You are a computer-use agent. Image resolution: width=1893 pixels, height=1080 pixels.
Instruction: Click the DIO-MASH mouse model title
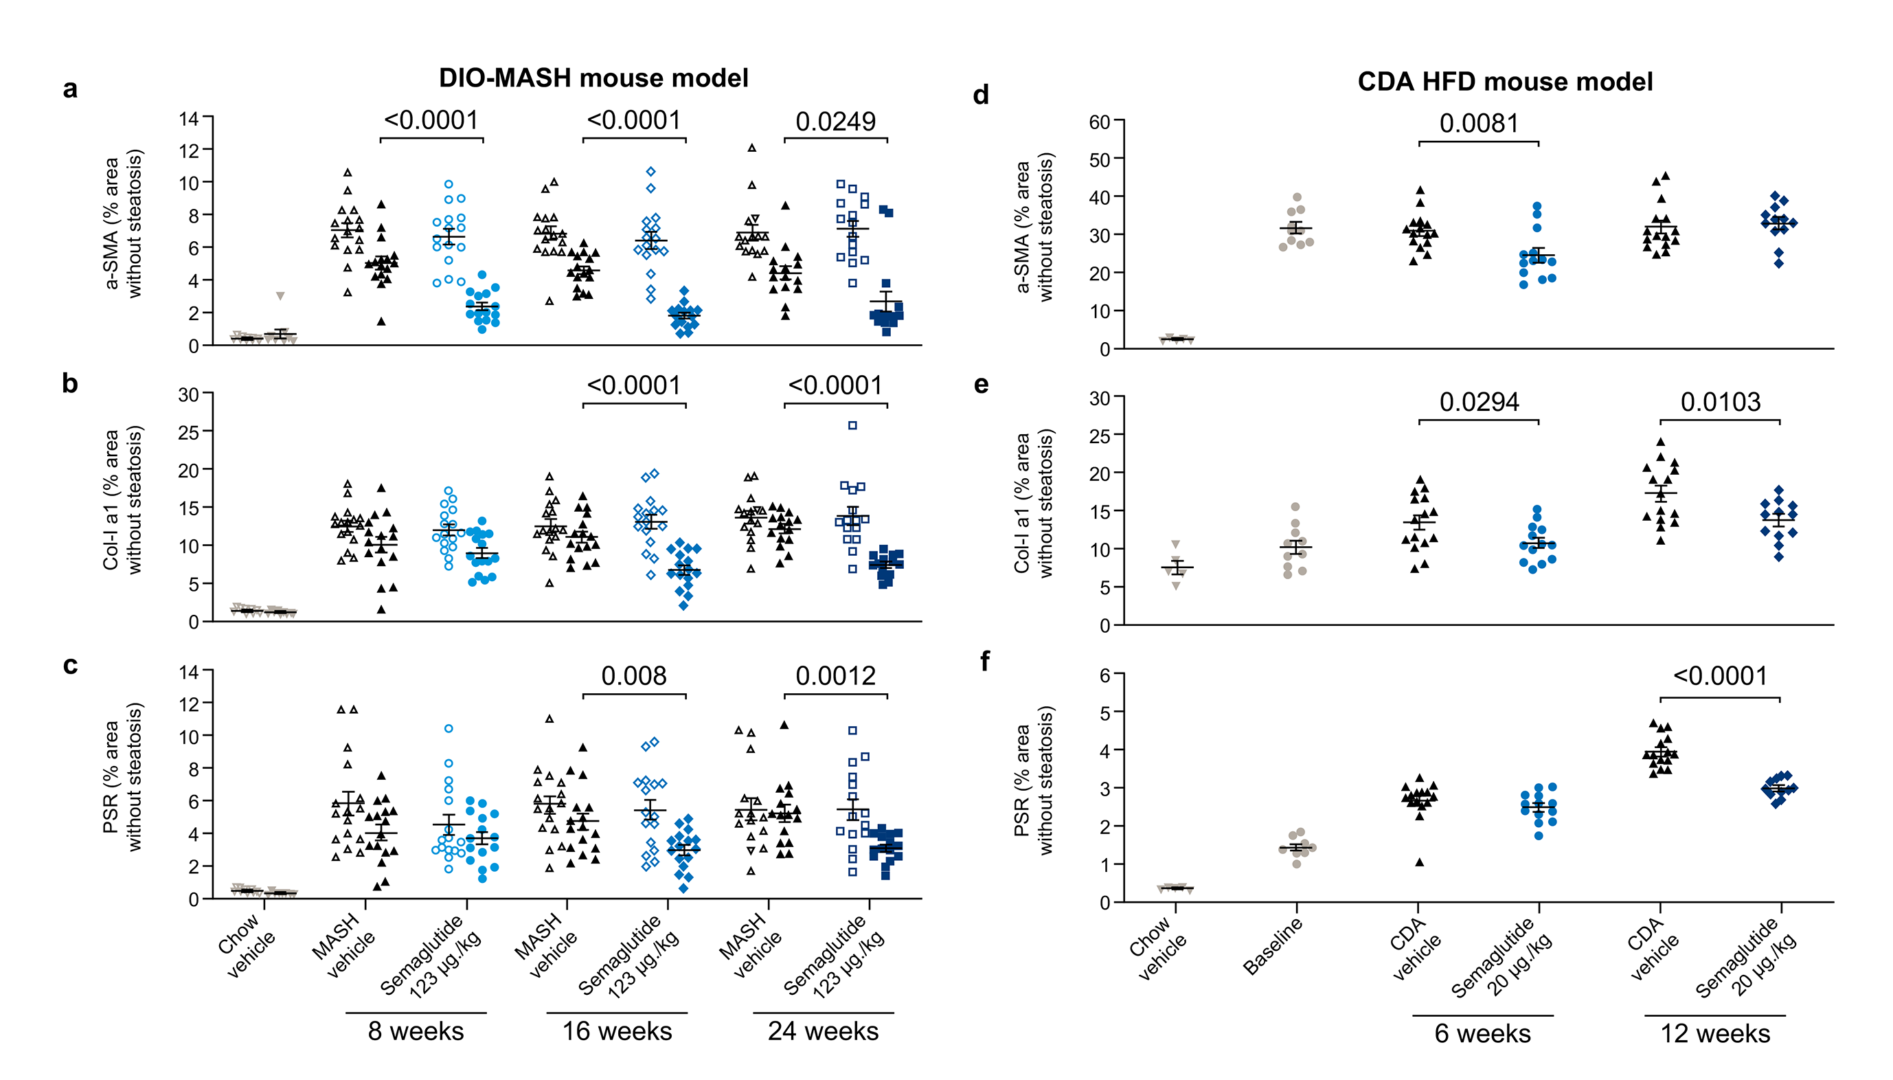pyautogui.click(x=593, y=78)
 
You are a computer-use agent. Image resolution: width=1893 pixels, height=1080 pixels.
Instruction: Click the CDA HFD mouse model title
pyautogui.click(x=1504, y=82)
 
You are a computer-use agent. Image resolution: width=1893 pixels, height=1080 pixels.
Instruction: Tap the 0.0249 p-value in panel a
pyautogui.click(x=835, y=122)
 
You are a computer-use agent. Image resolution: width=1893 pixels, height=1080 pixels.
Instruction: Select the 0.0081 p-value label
pyautogui.click(x=1479, y=124)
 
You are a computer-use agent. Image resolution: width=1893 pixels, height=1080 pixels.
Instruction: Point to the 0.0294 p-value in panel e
pyautogui.click(x=1479, y=402)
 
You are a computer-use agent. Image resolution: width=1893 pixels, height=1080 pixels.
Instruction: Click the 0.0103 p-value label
pyautogui.click(x=1719, y=402)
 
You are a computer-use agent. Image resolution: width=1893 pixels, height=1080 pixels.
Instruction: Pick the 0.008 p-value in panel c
pyautogui.click(x=633, y=676)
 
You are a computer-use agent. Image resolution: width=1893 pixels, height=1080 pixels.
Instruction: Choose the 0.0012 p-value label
pyautogui.click(x=835, y=676)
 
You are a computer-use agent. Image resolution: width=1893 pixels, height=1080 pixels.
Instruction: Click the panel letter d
pyautogui.click(x=981, y=95)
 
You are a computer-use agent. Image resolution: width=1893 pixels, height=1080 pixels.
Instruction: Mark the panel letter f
pyautogui.click(x=984, y=661)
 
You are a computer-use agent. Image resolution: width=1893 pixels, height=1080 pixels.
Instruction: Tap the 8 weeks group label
pyautogui.click(x=416, y=1031)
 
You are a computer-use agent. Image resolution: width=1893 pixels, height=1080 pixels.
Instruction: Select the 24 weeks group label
pyautogui.click(x=822, y=1031)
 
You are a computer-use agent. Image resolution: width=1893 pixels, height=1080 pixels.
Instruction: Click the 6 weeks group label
pyautogui.click(x=1482, y=1033)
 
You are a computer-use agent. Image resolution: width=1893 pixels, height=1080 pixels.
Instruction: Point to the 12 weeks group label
pyautogui.click(x=1714, y=1033)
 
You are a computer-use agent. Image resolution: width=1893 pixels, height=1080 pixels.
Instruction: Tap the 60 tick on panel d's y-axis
pyautogui.click(x=1099, y=122)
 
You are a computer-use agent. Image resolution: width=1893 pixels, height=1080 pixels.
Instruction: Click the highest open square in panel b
pyautogui.click(x=852, y=426)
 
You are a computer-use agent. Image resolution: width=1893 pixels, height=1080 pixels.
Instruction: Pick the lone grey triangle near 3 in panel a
pyautogui.click(x=280, y=296)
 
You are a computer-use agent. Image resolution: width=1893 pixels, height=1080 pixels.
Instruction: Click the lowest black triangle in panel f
pyautogui.click(x=1418, y=862)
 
